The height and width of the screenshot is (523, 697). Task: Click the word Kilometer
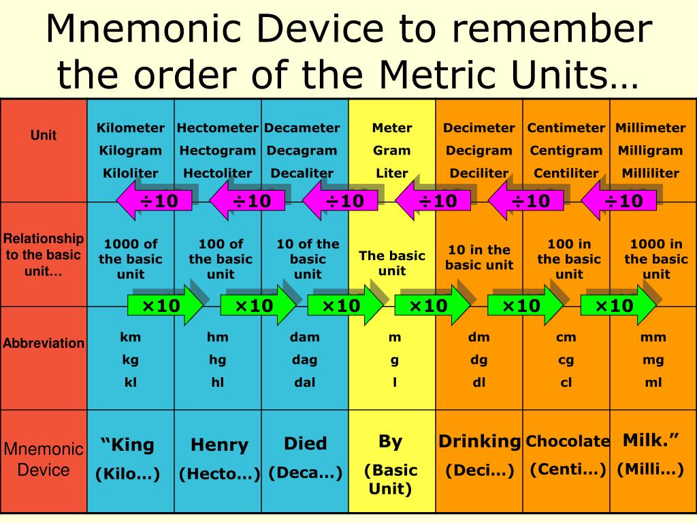131,128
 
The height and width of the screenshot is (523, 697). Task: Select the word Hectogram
218,150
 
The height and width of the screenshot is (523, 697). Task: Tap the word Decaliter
302,173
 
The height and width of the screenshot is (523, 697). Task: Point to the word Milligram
650,150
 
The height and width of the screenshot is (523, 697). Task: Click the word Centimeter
566,128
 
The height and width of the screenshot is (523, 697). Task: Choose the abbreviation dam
304,337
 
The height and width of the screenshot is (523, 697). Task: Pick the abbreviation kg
131,360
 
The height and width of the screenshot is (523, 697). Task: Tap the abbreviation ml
653,383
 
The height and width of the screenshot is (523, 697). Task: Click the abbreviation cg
566,360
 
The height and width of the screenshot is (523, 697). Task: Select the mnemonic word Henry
220,445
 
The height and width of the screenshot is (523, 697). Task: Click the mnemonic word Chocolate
568,441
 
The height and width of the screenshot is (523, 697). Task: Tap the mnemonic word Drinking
480,441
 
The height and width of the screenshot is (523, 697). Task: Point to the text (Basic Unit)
391,479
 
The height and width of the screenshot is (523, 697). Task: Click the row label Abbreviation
44,343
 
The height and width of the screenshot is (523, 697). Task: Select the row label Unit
44,136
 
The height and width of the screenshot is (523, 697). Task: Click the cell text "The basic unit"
392,263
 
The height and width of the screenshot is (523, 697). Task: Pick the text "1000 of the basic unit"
131,259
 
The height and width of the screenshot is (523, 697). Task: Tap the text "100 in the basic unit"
569,259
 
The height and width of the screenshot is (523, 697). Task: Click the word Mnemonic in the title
148,29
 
